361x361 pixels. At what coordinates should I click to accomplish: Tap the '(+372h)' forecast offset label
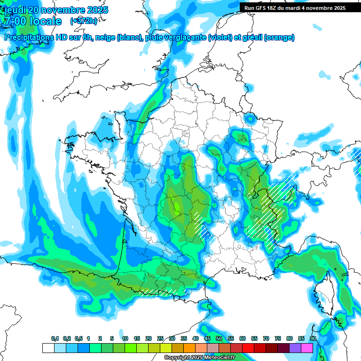(x=84, y=21)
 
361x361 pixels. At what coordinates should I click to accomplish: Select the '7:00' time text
(x=14, y=21)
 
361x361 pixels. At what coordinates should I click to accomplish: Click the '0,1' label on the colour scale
(x=55, y=339)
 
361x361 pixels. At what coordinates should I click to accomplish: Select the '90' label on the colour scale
(x=313, y=339)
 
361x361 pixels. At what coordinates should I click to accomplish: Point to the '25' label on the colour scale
(x=160, y=339)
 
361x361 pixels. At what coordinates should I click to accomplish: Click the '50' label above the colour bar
(x=219, y=339)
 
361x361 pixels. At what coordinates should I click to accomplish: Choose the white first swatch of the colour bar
(x=48, y=348)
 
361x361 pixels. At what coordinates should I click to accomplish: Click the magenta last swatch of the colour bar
(x=307, y=348)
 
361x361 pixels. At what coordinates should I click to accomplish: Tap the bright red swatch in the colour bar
(x=248, y=348)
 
